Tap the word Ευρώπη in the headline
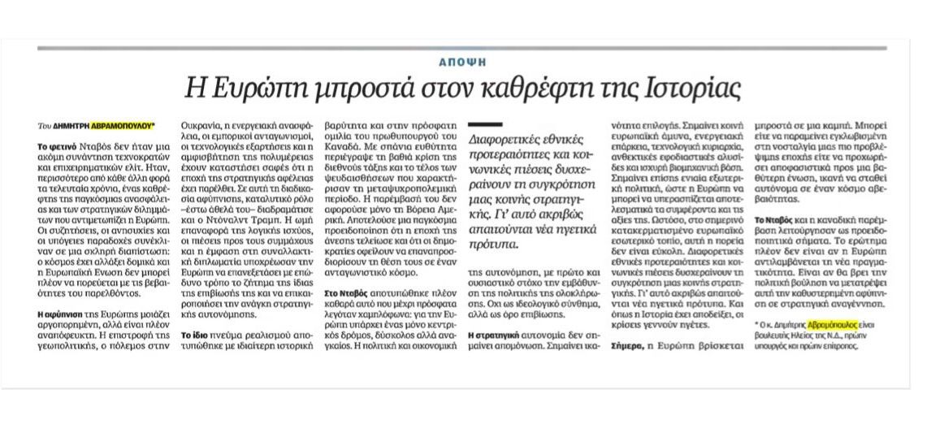point(239,85)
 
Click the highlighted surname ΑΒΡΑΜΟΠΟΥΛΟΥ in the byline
point(122,126)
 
